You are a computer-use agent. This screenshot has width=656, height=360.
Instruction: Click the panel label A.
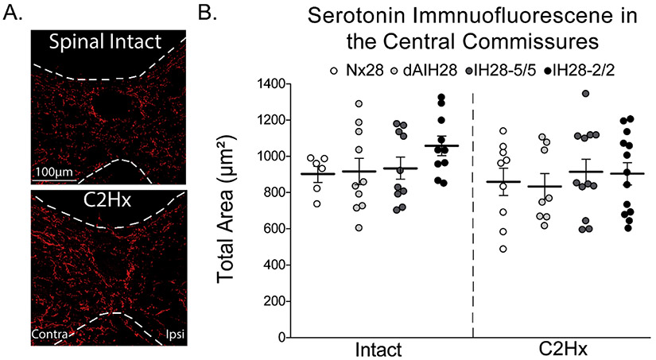[x=13, y=14]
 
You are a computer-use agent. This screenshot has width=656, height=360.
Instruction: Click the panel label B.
[x=206, y=14]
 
